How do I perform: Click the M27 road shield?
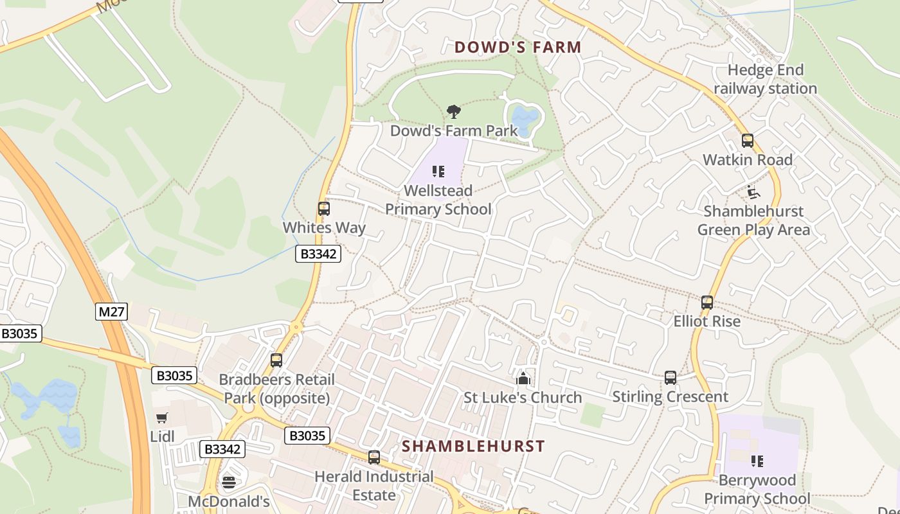pyautogui.click(x=112, y=312)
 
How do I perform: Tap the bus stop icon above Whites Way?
pyautogui.click(x=324, y=209)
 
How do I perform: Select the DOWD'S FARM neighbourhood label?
pyautogui.click(x=518, y=47)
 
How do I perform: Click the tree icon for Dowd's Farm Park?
pyautogui.click(x=454, y=112)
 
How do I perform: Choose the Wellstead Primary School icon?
pyautogui.click(x=438, y=172)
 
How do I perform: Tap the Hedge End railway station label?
pyautogui.click(x=765, y=79)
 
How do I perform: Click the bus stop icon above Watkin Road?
pyautogui.click(x=747, y=141)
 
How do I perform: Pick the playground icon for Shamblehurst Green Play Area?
pyautogui.click(x=753, y=192)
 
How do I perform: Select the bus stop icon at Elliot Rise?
pyautogui.click(x=707, y=302)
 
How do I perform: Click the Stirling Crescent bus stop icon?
pyautogui.click(x=670, y=378)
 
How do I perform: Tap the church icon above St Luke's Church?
pyautogui.click(x=523, y=378)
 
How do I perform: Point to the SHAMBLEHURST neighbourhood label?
pyautogui.click(x=473, y=446)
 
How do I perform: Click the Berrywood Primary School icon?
pyautogui.click(x=757, y=461)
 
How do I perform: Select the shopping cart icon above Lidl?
pyautogui.click(x=162, y=418)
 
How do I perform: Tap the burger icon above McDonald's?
pyautogui.click(x=229, y=482)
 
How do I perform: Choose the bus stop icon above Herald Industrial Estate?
pyautogui.click(x=374, y=457)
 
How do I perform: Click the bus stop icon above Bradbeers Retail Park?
pyautogui.click(x=276, y=360)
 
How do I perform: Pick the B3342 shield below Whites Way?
pyautogui.click(x=318, y=254)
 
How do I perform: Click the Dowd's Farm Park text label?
pyautogui.click(x=454, y=130)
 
